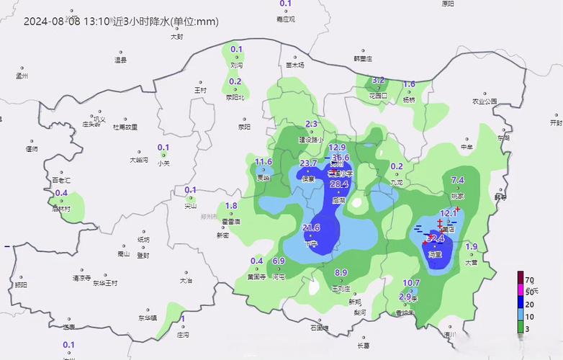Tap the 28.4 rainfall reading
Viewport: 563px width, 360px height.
click(339, 184)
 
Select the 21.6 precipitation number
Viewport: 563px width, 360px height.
click(311, 228)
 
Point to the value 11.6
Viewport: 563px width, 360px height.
click(264, 161)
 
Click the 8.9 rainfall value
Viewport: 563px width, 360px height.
click(341, 272)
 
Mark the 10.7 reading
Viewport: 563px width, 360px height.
click(411, 283)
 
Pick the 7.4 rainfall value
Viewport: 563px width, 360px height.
click(458, 180)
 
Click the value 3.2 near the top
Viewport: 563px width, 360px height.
click(378, 80)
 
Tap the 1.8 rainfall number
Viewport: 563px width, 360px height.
click(231, 206)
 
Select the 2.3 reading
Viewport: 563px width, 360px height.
click(312, 124)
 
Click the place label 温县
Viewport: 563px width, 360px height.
click(120, 60)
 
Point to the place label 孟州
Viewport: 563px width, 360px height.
click(22, 75)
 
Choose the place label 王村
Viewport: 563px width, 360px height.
click(200, 91)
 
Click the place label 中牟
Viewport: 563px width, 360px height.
click(467, 148)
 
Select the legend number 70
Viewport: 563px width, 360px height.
click(529, 279)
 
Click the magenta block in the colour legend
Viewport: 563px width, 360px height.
click(520, 290)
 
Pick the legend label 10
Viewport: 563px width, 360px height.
click(529, 317)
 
